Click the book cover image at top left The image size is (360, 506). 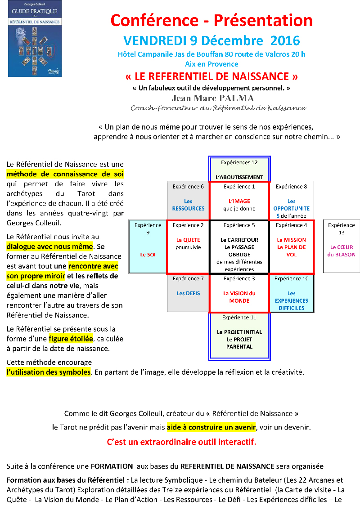point(35,39)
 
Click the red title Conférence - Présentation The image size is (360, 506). point(211,20)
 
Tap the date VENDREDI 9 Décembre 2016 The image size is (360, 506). point(211,40)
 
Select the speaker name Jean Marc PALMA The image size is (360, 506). point(213,98)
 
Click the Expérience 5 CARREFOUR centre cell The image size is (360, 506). point(239,247)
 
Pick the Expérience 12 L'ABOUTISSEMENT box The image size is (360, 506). point(239,169)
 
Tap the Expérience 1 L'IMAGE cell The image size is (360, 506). point(239,201)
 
